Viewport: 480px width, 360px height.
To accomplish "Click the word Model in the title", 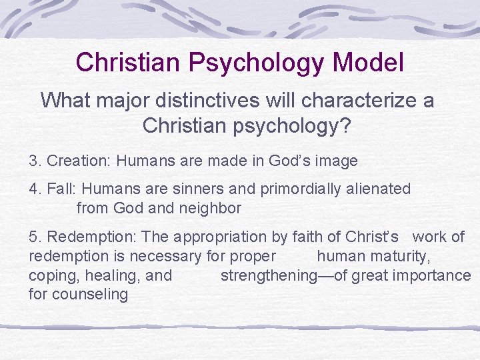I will pyautogui.click(x=368, y=63).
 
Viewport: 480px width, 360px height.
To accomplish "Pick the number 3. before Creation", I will pyautogui.click(x=35, y=161).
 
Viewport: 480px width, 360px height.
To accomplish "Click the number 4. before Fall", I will pyautogui.click(x=35, y=189).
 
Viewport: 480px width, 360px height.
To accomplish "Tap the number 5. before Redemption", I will pyautogui.click(x=35, y=237).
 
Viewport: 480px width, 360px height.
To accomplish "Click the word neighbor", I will pyautogui.click(x=209, y=208).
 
